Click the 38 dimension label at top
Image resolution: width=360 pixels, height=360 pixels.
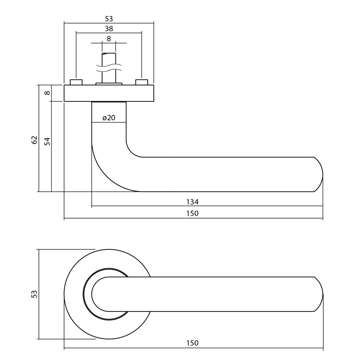[x=109, y=29]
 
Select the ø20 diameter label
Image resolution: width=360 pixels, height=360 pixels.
[x=109, y=118]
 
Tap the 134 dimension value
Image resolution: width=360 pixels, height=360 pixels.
[x=193, y=202]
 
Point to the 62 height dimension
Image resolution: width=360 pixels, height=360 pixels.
[x=35, y=140]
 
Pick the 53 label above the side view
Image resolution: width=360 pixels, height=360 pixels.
[x=109, y=19]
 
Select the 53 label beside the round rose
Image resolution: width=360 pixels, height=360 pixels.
[x=35, y=294]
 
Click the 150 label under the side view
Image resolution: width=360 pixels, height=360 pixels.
[x=193, y=213]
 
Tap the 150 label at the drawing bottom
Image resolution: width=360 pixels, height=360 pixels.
[x=193, y=343]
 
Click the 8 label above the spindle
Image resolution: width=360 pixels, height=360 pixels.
[x=109, y=39]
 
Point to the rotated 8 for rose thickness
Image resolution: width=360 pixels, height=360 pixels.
[x=47, y=93]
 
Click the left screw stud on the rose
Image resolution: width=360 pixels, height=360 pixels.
[x=76, y=82]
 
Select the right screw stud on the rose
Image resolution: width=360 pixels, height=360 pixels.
[x=141, y=82]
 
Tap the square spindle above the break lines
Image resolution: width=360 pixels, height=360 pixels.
[x=109, y=58]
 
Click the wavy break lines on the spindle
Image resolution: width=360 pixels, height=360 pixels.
[x=109, y=68]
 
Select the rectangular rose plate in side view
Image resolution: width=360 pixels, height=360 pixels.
[x=109, y=93]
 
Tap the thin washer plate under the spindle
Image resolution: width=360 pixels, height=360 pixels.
[x=109, y=85]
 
